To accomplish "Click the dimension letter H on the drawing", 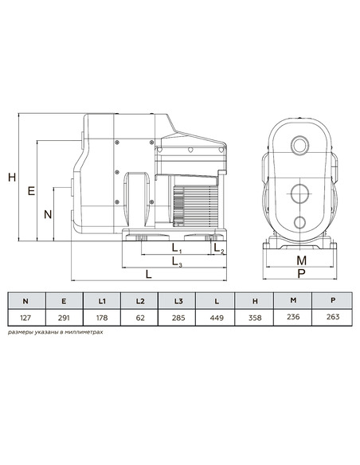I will point(12,178).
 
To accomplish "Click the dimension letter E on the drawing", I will point(31,191).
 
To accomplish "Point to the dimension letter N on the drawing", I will point(48,214).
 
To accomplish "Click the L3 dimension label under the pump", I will point(176,264).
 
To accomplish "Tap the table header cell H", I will point(254,300).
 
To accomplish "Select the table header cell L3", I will point(178,300).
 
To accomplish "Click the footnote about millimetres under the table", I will point(55,334).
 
